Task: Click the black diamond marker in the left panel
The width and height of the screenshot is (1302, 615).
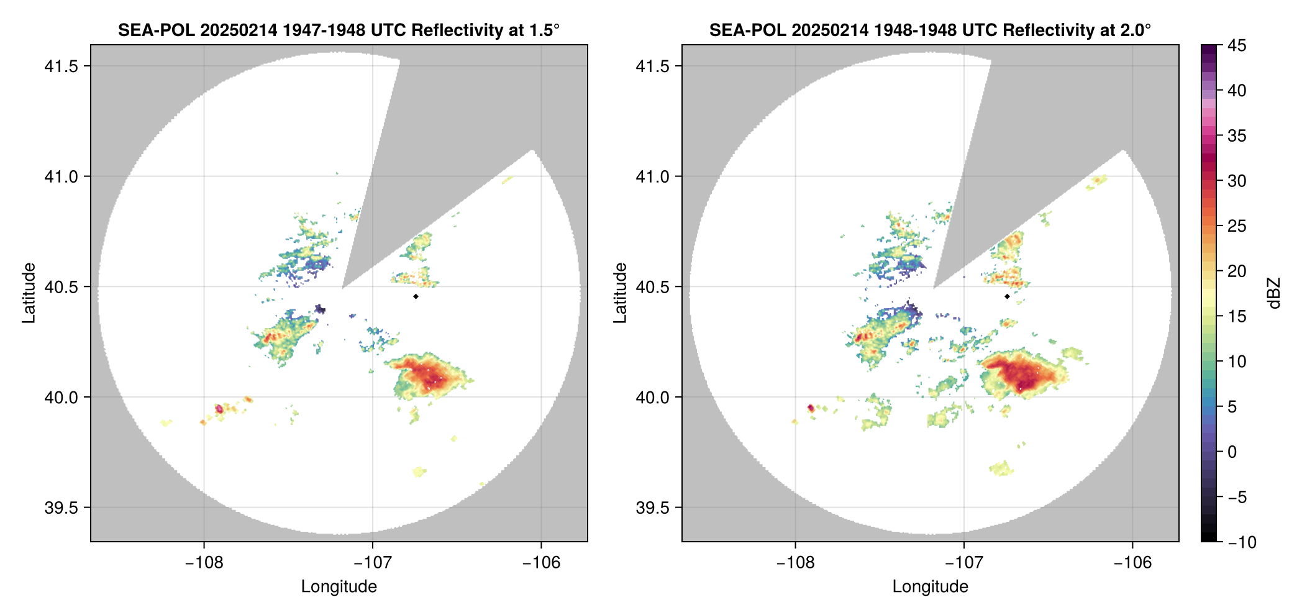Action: tap(416, 296)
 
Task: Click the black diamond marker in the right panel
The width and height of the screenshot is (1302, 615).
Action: tap(1007, 296)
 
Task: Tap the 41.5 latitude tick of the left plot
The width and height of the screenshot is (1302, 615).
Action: tap(61, 66)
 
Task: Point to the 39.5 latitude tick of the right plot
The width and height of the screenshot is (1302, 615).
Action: tap(653, 508)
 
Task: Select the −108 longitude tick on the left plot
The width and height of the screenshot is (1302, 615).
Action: tap(203, 562)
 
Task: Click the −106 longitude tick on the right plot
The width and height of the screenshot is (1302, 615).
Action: tap(1132, 562)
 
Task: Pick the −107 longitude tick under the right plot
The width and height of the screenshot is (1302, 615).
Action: tap(963, 562)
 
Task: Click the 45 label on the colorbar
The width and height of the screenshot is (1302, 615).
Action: tap(1237, 45)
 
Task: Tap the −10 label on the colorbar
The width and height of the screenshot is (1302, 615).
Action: tap(1242, 542)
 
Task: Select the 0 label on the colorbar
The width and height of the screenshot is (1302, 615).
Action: tap(1232, 452)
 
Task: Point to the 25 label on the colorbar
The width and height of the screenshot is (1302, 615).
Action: tap(1237, 226)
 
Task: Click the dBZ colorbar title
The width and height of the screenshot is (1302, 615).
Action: tap(1275, 293)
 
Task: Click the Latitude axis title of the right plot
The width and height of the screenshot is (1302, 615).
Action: tap(620, 293)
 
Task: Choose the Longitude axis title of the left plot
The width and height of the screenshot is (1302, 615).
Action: tap(339, 586)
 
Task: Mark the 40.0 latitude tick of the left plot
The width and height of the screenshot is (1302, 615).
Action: tap(61, 397)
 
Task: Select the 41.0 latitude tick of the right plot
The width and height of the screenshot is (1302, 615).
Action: tap(653, 176)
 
